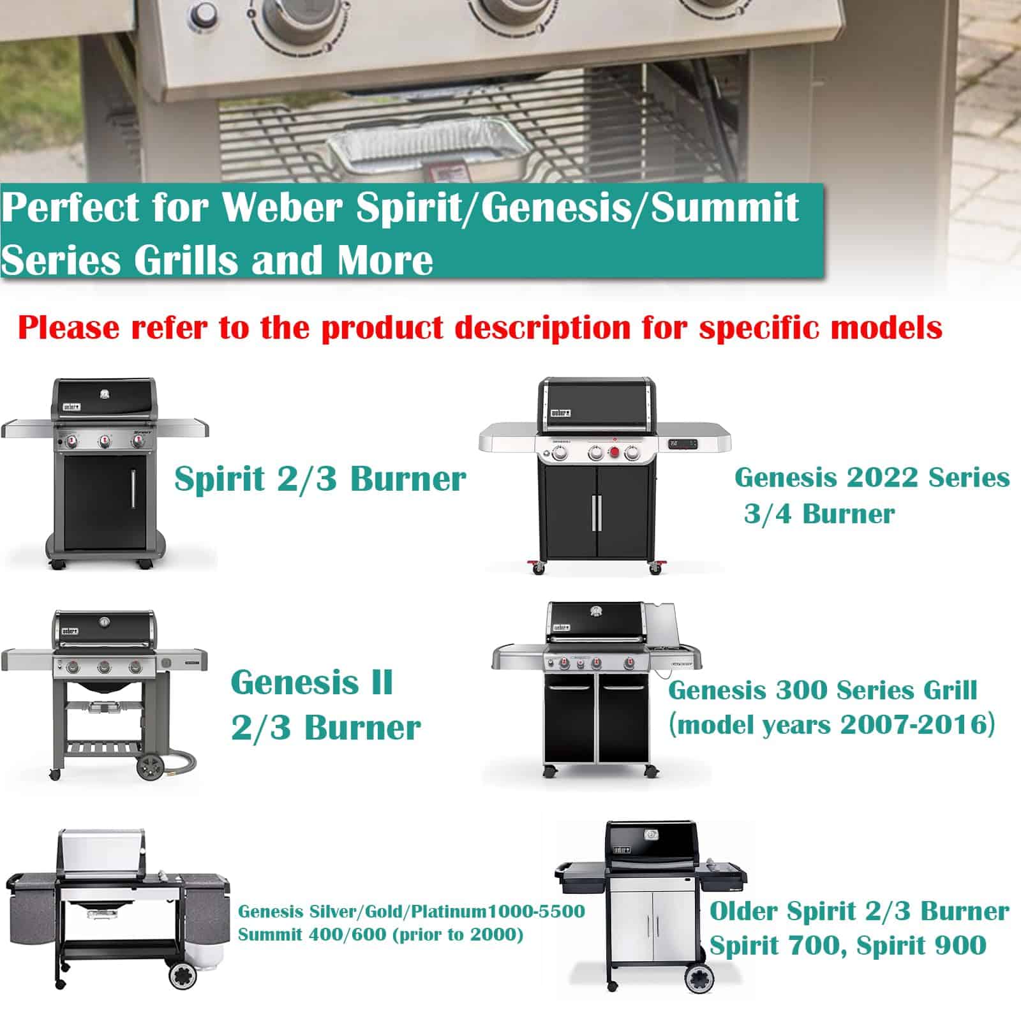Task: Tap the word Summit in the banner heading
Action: pos(725,207)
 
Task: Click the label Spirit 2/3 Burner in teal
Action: pos(320,479)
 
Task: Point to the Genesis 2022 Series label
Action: pos(872,477)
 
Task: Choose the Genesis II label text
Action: pos(311,682)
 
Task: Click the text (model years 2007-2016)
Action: pos(831,724)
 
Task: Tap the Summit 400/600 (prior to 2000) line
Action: pos(380,935)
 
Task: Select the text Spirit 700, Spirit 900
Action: pos(848,945)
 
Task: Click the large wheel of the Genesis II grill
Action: pos(151,766)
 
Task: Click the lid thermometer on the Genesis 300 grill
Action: pos(597,611)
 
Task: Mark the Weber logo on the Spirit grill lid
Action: pos(71,406)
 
